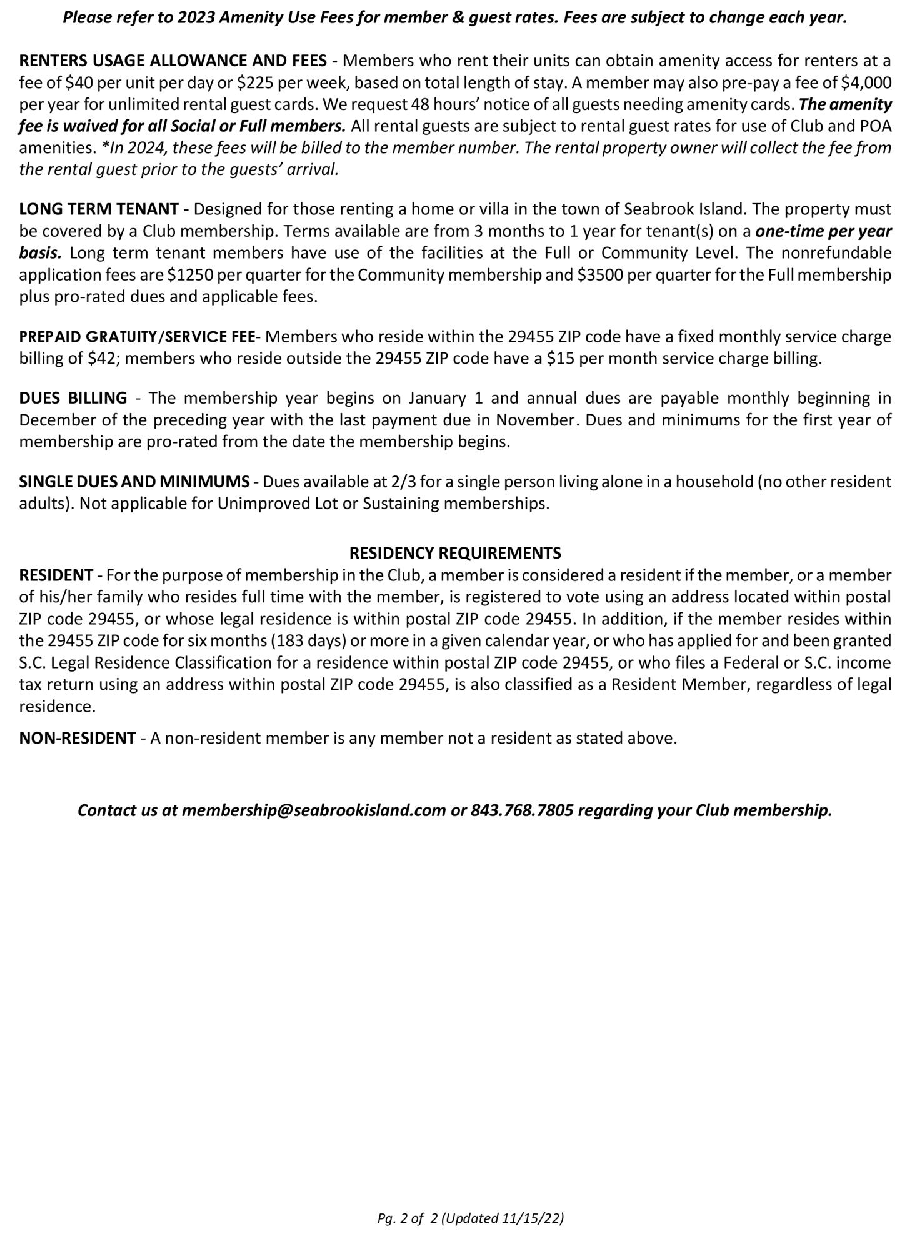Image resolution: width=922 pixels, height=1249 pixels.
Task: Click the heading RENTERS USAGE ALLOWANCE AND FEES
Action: [173, 61]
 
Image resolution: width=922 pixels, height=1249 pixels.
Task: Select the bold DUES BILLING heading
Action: [73, 398]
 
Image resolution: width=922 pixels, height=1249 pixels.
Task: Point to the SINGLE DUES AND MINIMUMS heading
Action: [134, 482]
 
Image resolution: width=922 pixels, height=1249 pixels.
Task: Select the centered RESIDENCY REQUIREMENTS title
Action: [455, 553]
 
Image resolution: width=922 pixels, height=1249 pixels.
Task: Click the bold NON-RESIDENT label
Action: [78, 738]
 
